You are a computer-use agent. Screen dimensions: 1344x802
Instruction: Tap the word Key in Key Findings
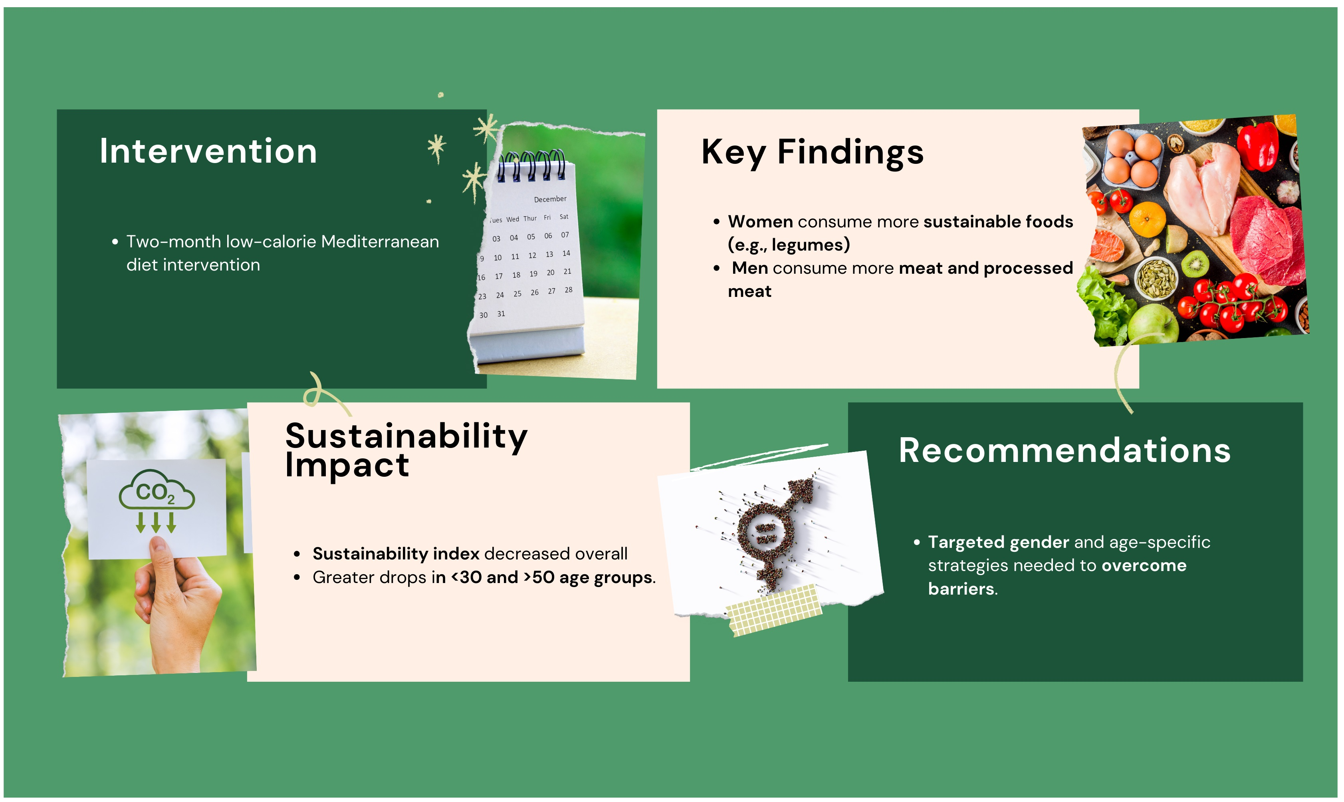click(733, 153)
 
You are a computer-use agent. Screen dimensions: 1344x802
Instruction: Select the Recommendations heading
click(1064, 450)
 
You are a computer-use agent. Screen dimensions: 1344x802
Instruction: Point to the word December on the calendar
click(550, 199)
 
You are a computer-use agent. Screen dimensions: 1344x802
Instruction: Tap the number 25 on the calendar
click(517, 294)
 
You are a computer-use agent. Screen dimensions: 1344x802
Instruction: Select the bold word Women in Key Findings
click(760, 221)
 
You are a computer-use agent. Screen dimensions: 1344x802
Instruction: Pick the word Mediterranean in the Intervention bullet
click(380, 242)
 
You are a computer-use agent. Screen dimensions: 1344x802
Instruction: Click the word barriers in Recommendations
click(961, 589)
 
